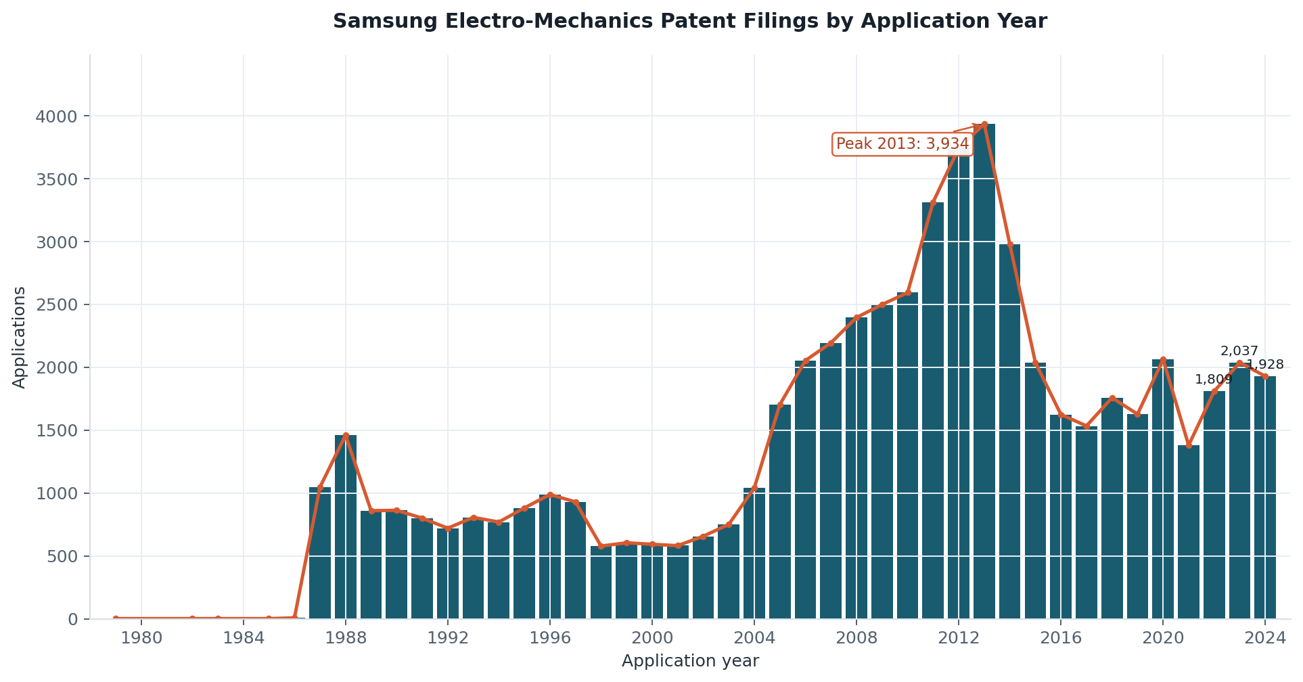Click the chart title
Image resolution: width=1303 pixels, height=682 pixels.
[x=689, y=22]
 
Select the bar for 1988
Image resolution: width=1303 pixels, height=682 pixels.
[x=346, y=527]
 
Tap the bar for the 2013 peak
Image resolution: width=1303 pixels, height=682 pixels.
[x=984, y=371]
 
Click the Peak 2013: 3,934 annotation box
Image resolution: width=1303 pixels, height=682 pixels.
[x=902, y=144]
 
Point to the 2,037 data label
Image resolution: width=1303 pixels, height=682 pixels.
[x=1239, y=351]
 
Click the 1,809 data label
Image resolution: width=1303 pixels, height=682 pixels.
[x=1214, y=380]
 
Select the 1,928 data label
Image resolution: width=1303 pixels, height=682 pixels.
[x=1265, y=365]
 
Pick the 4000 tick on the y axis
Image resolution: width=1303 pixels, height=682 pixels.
[x=57, y=116]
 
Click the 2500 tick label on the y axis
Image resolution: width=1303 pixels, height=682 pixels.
[x=57, y=305]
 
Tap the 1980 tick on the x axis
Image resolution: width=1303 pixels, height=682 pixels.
[x=141, y=638]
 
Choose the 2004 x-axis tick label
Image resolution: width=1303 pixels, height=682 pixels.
[x=754, y=638]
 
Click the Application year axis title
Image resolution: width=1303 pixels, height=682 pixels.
[x=690, y=661]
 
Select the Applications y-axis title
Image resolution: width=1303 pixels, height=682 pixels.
[x=20, y=337]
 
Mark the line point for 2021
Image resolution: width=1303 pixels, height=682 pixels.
[x=1189, y=445]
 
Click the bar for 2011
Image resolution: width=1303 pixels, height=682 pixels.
[x=933, y=411]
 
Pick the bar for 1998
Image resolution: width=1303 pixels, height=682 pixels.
[x=601, y=583]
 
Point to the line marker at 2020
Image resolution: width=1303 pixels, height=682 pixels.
[x=1163, y=359]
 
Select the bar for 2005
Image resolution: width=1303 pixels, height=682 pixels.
[x=780, y=512]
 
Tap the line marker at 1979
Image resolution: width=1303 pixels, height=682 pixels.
[x=116, y=618]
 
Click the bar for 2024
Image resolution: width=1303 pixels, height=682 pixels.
[x=1265, y=498]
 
